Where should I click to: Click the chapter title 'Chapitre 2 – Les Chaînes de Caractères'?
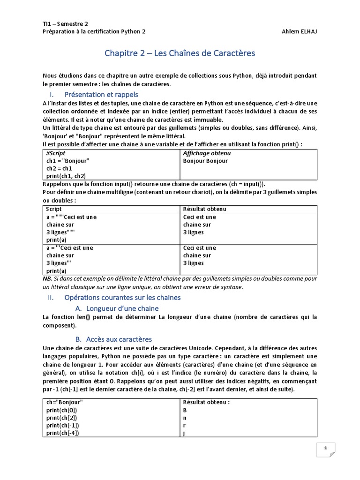tap(180, 53)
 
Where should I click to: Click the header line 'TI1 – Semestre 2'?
tap(65, 23)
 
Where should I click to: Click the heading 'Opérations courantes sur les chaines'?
tap(122, 297)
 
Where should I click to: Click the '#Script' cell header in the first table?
tap(56, 153)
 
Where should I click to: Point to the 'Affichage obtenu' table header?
tap(207, 153)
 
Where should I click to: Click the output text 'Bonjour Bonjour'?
tap(205, 161)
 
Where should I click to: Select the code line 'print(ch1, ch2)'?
tap(66, 176)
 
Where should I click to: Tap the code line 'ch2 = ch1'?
tap(59, 168)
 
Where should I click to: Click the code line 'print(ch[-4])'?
tap(63, 433)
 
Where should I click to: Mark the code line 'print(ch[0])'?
tap(62, 410)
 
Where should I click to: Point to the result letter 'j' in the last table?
tap(184, 433)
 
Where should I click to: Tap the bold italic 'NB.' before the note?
tap(48, 279)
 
